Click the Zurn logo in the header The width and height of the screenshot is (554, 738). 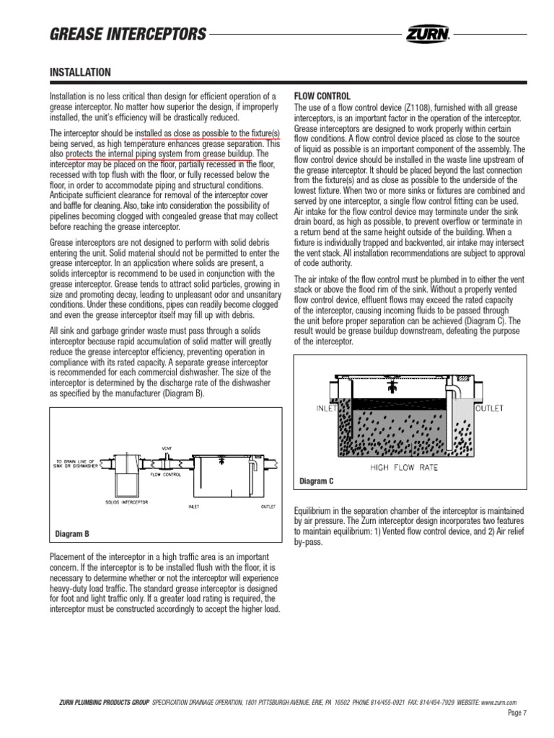[x=428, y=33]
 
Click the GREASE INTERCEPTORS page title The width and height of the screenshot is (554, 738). [x=128, y=34]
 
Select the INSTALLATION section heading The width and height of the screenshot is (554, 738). [x=79, y=72]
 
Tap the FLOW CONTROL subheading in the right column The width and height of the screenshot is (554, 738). [x=322, y=97]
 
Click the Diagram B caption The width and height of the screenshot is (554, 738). [x=72, y=534]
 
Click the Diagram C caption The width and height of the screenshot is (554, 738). [x=316, y=481]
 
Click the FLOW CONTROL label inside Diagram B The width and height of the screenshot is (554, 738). [x=165, y=475]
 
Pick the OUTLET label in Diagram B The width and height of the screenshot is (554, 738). [x=268, y=506]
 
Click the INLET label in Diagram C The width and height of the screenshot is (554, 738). [x=327, y=408]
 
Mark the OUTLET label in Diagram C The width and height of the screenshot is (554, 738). [x=488, y=408]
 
